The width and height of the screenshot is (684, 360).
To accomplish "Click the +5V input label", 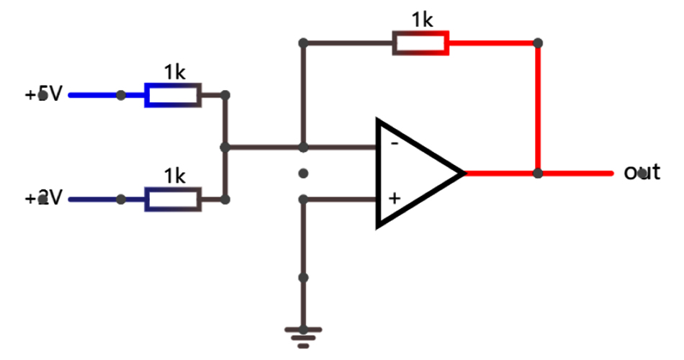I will point(44,94).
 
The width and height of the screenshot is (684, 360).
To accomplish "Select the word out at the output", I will point(642,173).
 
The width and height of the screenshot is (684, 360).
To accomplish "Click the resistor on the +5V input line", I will point(173,94).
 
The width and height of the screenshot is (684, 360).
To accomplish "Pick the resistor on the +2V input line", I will point(173,199).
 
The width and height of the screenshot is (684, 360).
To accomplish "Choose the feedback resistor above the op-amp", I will point(420,42).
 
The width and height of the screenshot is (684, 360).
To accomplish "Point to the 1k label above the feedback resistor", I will point(422,20).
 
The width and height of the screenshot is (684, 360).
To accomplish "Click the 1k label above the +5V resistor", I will point(174,72).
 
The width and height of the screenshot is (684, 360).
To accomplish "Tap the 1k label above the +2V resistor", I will point(174,176).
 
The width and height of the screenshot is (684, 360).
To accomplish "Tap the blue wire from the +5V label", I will point(94,94).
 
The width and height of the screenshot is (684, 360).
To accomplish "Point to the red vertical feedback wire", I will point(538,108).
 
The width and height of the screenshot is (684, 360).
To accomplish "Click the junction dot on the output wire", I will point(538,173).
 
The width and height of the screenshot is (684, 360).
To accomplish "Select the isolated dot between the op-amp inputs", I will point(303,173).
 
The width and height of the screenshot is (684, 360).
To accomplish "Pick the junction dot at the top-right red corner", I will point(538,42).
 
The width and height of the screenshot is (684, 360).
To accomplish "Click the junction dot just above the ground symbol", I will point(303,277).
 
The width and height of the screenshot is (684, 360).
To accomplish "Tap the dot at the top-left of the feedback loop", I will point(303,42).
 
